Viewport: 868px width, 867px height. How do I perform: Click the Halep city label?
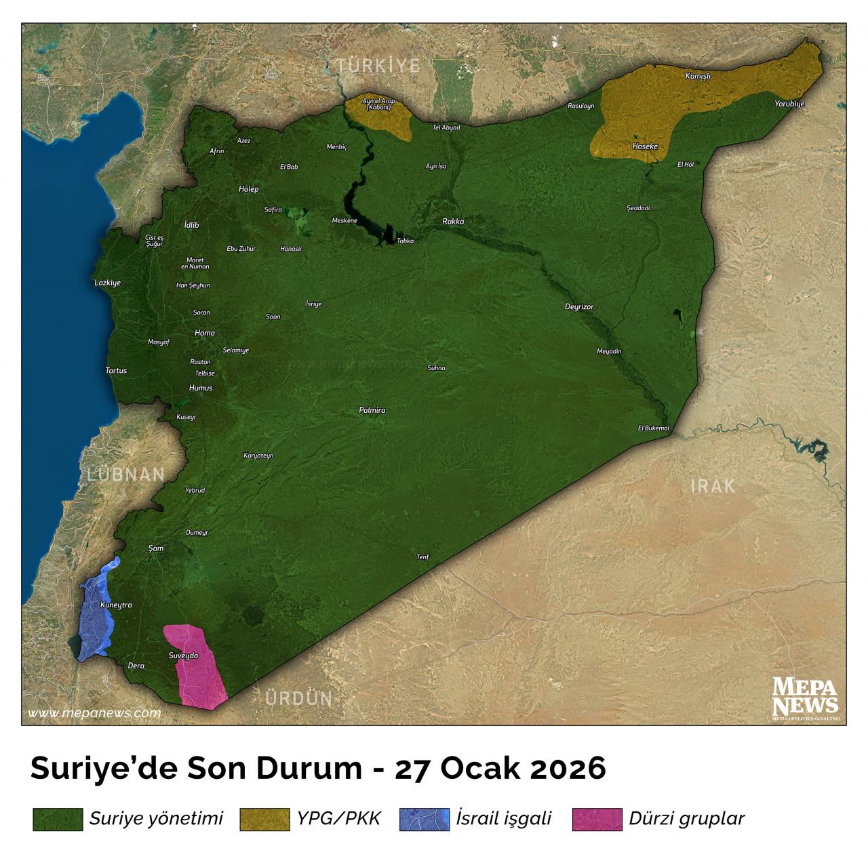tap(248, 189)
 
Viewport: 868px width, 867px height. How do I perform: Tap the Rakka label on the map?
tap(453, 221)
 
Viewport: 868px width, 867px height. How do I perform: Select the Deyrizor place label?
tap(579, 307)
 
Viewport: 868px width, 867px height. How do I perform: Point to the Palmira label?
tap(372, 411)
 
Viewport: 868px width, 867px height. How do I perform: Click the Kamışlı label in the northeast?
tap(698, 76)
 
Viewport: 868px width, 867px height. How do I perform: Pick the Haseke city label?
tap(644, 146)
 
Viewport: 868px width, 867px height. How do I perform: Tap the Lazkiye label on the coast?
tap(108, 283)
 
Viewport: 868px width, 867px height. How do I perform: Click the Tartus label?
tap(116, 371)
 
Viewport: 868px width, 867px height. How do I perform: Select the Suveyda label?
tap(183, 656)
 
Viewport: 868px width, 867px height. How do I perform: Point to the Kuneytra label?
tap(115, 605)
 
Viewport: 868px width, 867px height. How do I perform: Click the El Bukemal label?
tap(654, 428)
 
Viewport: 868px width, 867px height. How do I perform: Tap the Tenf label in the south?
tap(423, 557)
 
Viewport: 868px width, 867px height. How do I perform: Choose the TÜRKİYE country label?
tap(379, 66)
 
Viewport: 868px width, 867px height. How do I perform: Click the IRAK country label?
tap(712, 486)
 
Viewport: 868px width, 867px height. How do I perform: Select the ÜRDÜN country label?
tap(298, 698)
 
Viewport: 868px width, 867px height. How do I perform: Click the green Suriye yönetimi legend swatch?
tap(58, 819)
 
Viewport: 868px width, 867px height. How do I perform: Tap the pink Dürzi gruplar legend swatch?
tap(597, 819)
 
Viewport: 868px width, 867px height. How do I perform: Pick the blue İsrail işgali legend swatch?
tap(425, 819)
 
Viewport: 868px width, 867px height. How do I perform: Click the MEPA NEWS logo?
tap(806, 698)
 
